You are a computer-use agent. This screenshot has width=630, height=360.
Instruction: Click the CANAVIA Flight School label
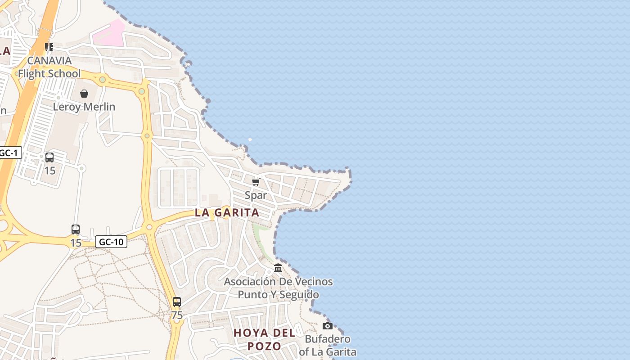pos(49,67)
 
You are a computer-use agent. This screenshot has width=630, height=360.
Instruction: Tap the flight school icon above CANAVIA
pos(49,47)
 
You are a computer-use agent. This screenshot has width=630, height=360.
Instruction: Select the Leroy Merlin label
pos(84,107)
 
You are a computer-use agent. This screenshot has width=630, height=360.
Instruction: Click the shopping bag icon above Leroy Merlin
pos(84,94)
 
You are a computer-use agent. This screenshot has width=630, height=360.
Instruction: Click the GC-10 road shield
pos(111,242)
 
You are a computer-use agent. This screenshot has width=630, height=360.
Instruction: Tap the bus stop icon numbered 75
pos(177,302)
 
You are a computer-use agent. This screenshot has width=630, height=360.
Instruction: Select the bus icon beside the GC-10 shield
pos(76,229)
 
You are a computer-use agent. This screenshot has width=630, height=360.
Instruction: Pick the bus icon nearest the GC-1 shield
pos(49,157)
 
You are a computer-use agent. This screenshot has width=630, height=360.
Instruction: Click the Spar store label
pos(256,195)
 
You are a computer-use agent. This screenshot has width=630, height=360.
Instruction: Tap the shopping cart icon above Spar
pos(256,182)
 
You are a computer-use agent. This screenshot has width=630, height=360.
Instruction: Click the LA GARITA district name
pos(227,213)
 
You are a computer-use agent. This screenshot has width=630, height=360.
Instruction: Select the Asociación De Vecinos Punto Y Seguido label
pos(278,288)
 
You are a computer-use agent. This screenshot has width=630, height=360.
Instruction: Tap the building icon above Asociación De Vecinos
pos(278,268)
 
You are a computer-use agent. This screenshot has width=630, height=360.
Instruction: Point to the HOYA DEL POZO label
pos(264,339)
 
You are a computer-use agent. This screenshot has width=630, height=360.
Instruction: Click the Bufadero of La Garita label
pos(328,345)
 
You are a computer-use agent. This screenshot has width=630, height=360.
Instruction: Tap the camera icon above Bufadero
pos(328,326)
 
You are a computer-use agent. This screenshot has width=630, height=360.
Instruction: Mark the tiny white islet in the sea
pos(250,139)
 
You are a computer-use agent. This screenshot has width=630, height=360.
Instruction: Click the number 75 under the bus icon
pos(177,315)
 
